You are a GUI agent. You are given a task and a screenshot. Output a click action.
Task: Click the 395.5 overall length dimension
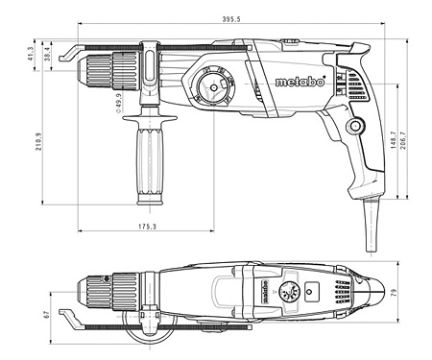click(231, 19)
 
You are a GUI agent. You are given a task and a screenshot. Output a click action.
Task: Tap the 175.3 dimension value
click(147, 227)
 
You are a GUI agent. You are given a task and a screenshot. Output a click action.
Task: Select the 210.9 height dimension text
click(38, 142)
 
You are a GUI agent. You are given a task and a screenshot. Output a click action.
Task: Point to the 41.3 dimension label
click(31, 54)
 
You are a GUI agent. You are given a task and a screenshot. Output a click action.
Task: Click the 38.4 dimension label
click(47, 54)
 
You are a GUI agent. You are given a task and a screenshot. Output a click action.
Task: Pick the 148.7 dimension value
click(394, 140)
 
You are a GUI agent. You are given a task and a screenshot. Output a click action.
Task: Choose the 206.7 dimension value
click(403, 140)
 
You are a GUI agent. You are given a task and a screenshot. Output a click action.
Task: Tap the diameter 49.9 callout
click(118, 103)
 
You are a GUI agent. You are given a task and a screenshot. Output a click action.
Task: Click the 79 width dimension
click(394, 293)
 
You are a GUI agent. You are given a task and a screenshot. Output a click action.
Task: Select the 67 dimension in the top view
click(47, 315)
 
